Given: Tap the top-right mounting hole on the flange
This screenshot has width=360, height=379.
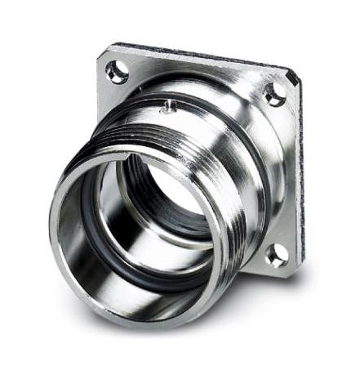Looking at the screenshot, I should [274, 95].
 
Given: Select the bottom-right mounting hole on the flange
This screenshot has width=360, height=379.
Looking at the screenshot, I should [276, 256].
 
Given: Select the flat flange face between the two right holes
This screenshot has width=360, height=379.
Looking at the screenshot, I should [282, 176].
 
